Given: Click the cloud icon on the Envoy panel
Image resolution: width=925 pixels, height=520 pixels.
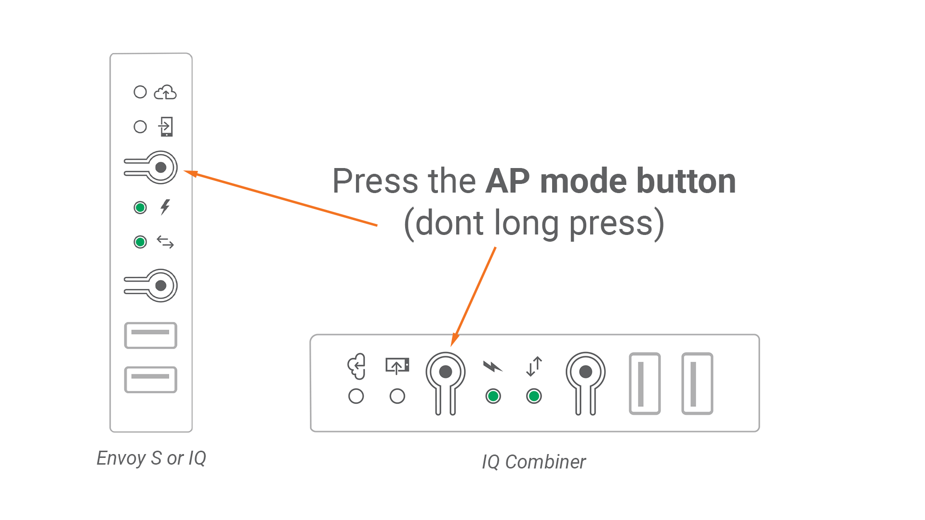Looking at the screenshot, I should point(165,92).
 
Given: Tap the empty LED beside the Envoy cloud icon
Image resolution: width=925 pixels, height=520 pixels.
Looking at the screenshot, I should point(140,92).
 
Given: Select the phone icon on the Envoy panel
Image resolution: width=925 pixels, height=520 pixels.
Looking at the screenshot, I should point(166,127).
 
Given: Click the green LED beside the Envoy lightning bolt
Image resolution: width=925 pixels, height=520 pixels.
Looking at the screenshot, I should point(140,208).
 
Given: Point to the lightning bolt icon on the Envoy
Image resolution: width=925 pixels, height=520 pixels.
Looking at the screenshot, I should point(165,207).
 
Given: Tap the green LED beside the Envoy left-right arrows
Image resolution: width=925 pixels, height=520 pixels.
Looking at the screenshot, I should point(140,242).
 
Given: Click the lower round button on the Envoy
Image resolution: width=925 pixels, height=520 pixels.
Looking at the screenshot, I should point(160,286).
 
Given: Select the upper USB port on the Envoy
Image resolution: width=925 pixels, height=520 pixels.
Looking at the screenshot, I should point(151,335).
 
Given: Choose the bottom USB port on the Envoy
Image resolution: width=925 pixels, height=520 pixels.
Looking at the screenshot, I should point(151,379).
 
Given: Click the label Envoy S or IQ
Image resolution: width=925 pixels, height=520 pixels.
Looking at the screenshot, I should point(151,458).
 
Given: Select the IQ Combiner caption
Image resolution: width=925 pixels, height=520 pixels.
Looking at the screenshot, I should point(534,462).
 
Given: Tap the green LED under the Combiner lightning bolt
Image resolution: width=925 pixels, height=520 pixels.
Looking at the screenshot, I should point(493,396).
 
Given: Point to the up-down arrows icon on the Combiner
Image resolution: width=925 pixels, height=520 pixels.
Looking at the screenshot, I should point(534,366).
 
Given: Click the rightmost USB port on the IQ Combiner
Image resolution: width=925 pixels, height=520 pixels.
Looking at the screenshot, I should point(697,383).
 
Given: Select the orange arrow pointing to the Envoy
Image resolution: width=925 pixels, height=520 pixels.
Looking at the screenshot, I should point(284,199).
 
